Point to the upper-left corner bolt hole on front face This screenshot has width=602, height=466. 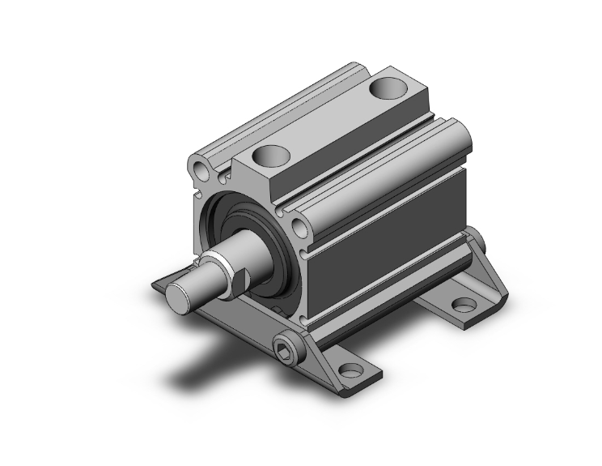[x=199, y=169]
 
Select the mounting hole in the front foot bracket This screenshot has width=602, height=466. [x=350, y=371]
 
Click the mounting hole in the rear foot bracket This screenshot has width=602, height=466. [x=463, y=306]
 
